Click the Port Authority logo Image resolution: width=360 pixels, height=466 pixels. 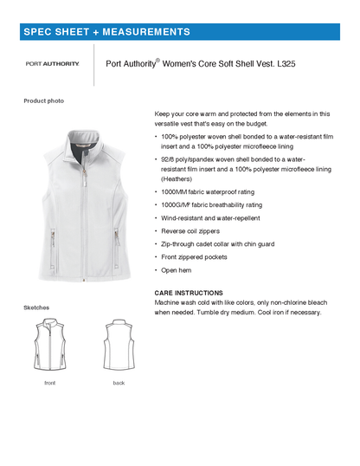[x=53, y=63]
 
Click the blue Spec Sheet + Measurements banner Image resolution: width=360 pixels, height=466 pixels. [x=180, y=32]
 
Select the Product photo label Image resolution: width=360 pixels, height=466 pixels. [x=43, y=100]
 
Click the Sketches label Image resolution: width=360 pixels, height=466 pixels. [x=36, y=307]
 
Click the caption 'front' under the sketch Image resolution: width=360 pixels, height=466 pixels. [x=50, y=382]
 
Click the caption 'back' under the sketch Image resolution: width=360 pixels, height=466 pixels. [x=119, y=382]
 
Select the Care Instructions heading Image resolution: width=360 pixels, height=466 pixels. [x=188, y=293]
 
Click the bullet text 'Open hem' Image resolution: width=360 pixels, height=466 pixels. [x=178, y=271]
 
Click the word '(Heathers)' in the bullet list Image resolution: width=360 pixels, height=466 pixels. [x=178, y=178]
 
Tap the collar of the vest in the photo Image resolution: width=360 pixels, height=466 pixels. [x=83, y=131]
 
